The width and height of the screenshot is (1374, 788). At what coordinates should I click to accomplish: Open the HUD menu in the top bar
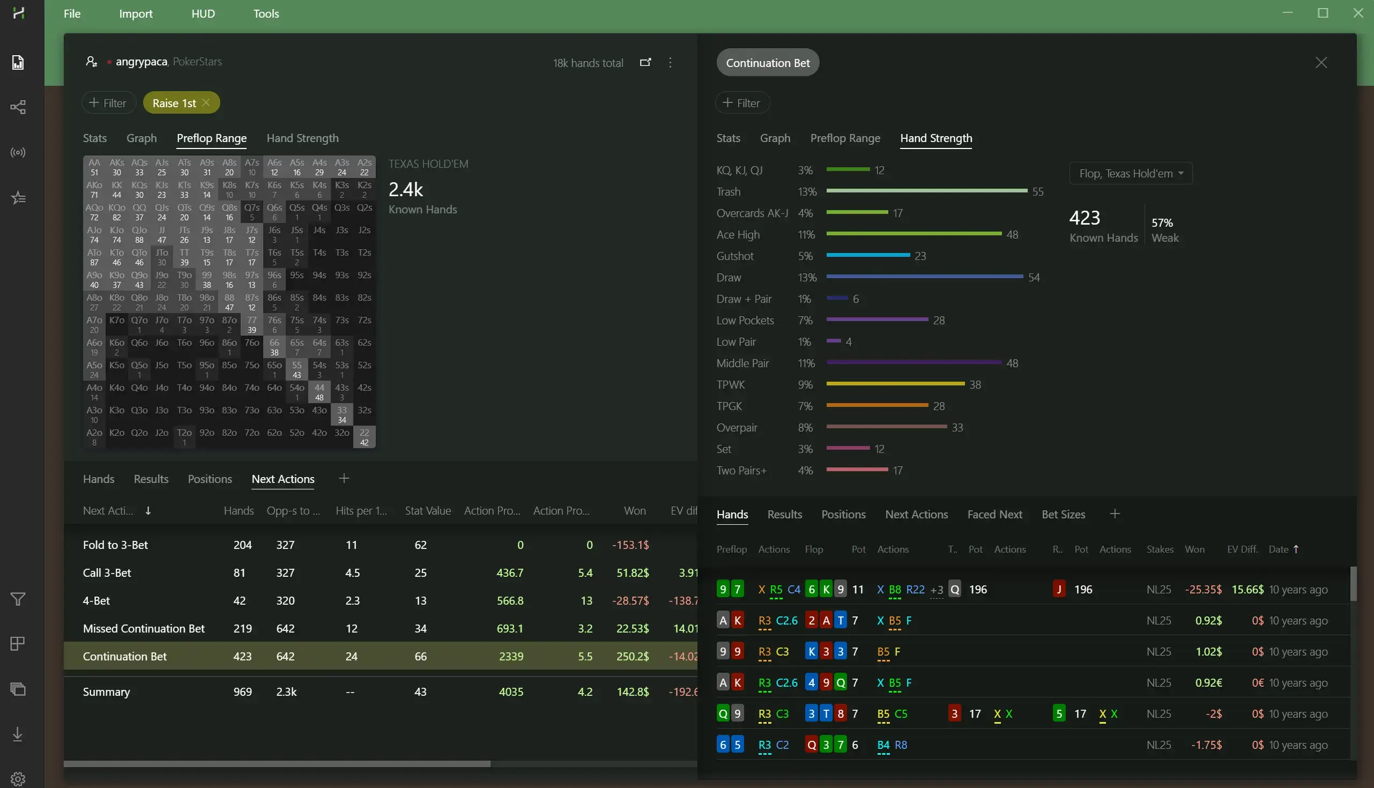coord(203,13)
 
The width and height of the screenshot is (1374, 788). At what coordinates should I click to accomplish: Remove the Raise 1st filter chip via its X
coord(206,103)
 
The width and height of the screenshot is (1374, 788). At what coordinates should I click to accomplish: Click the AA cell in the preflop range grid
coord(94,167)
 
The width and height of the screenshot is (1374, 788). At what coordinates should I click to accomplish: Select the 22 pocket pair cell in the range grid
coord(364,437)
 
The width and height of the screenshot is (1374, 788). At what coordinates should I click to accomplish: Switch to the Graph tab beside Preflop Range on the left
coord(141,138)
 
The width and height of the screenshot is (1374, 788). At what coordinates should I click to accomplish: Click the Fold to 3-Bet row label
coord(115,545)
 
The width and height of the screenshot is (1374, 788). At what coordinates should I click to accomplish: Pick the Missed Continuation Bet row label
coord(144,628)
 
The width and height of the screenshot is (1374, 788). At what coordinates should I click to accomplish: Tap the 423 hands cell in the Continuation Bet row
coord(242,657)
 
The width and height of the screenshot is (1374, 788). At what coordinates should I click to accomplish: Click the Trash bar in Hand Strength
coord(926,191)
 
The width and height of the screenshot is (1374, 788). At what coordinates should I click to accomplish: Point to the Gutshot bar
coord(867,256)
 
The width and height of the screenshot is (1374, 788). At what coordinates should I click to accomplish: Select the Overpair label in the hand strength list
coord(737,428)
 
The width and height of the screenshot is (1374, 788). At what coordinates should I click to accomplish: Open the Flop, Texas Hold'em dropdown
coord(1131,174)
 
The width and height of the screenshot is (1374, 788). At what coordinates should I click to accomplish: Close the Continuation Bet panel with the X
coord(1321,63)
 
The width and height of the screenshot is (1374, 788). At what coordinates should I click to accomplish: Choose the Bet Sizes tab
coord(1063,515)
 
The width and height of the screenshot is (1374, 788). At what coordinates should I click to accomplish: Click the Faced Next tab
coord(994,515)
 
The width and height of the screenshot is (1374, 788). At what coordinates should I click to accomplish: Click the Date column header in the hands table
coord(1278,549)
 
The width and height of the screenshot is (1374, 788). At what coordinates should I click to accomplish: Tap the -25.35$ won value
coord(1202,589)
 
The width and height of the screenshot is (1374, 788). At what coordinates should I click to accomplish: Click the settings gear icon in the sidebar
coord(18,779)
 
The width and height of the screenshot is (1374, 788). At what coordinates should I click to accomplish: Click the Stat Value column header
coord(427,511)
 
